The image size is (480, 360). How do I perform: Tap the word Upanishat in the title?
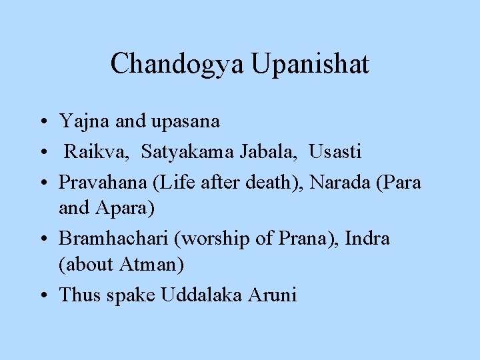pos(310,64)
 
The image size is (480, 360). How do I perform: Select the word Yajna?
pos(77,122)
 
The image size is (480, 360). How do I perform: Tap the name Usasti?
pos(335,152)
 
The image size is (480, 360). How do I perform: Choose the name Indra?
pos(367,238)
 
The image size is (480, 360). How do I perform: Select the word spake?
pos(126,294)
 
